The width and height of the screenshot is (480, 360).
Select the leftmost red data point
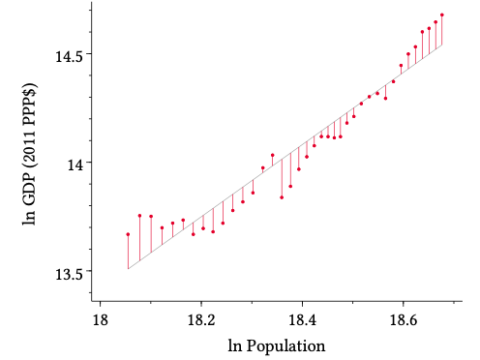click(128, 234)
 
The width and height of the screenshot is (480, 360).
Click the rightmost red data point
click(442, 15)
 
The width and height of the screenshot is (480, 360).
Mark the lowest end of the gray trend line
click(128, 269)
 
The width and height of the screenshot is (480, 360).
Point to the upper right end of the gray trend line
click(442, 45)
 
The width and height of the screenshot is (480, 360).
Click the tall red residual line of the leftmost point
click(128, 252)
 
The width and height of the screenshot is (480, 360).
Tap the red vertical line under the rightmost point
click(442, 31)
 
